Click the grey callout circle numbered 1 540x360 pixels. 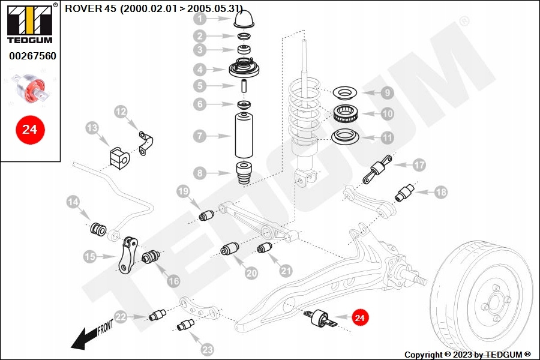200,19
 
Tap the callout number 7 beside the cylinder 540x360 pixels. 200,136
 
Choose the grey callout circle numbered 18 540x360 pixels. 441,193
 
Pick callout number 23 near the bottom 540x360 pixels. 207,349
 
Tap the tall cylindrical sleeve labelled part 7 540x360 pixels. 244,137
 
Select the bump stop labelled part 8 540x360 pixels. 244,173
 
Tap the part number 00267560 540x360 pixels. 32,56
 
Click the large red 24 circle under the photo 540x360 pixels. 30,128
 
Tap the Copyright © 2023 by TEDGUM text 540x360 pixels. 467,354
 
